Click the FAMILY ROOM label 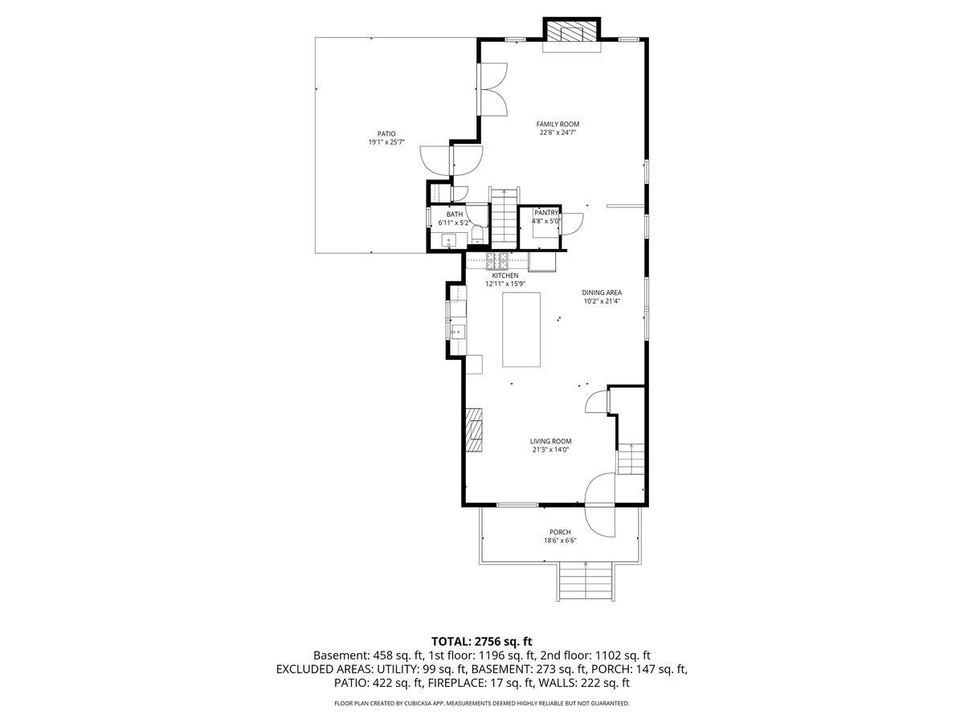pos(558,125)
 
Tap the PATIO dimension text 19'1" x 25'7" pos(386,142)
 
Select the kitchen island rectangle pos(521,329)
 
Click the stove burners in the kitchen pos(497,261)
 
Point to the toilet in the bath pos(477,235)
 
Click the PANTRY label pos(546,213)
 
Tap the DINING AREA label pos(602,292)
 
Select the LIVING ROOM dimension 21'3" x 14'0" pos(550,450)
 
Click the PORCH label pos(560,532)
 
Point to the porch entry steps pos(586,582)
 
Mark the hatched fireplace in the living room pos(474,430)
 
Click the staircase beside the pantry pos(504,219)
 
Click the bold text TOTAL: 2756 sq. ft pos(482,641)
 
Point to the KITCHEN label pos(505,276)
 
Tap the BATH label pos(455,214)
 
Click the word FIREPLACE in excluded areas pos(454,683)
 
